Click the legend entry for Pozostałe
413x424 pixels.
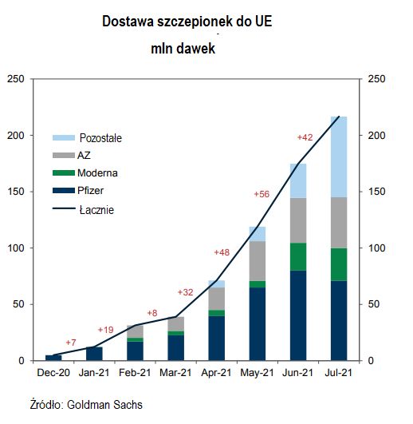(100, 138)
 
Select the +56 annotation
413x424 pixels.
(262, 194)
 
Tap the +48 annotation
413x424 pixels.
(222, 252)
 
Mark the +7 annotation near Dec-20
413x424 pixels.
(70, 343)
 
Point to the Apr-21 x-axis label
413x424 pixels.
(217, 372)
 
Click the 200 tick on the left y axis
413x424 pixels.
(15, 136)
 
